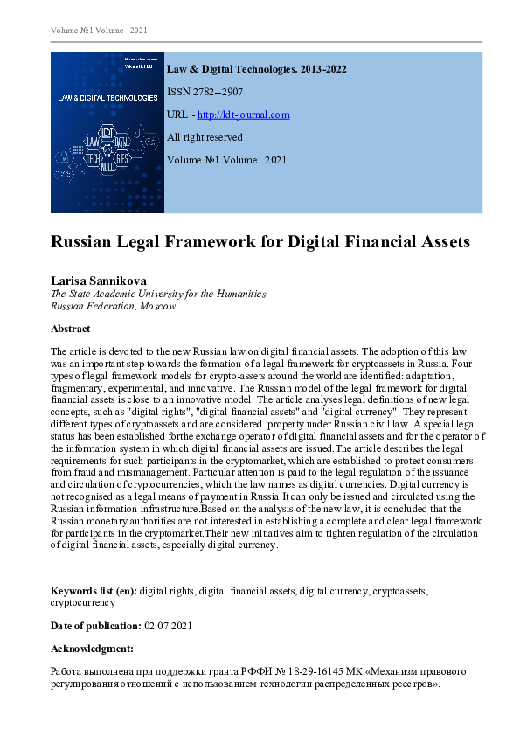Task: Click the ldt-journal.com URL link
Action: pyautogui.click(x=244, y=115)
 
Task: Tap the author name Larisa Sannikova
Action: pyautogui.click(x=104, y=281)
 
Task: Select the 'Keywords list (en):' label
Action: pyautogui.click(x=94, y=591)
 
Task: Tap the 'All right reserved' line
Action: pyautogui.click(x=205, y=137)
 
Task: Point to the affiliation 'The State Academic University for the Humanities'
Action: pyautogui.click(x=158, y=295)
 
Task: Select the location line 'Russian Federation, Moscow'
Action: pyautogui.click(x=113, y=307)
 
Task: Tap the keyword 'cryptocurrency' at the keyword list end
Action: pyautogui.click(x=82, y=602)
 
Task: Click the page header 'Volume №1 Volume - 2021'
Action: pyautogui.click(x=99, y=31)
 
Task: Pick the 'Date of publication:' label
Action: pyautogui.click(x=94, y=626)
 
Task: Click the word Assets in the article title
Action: pyautogui.click(x=439, y=242)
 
